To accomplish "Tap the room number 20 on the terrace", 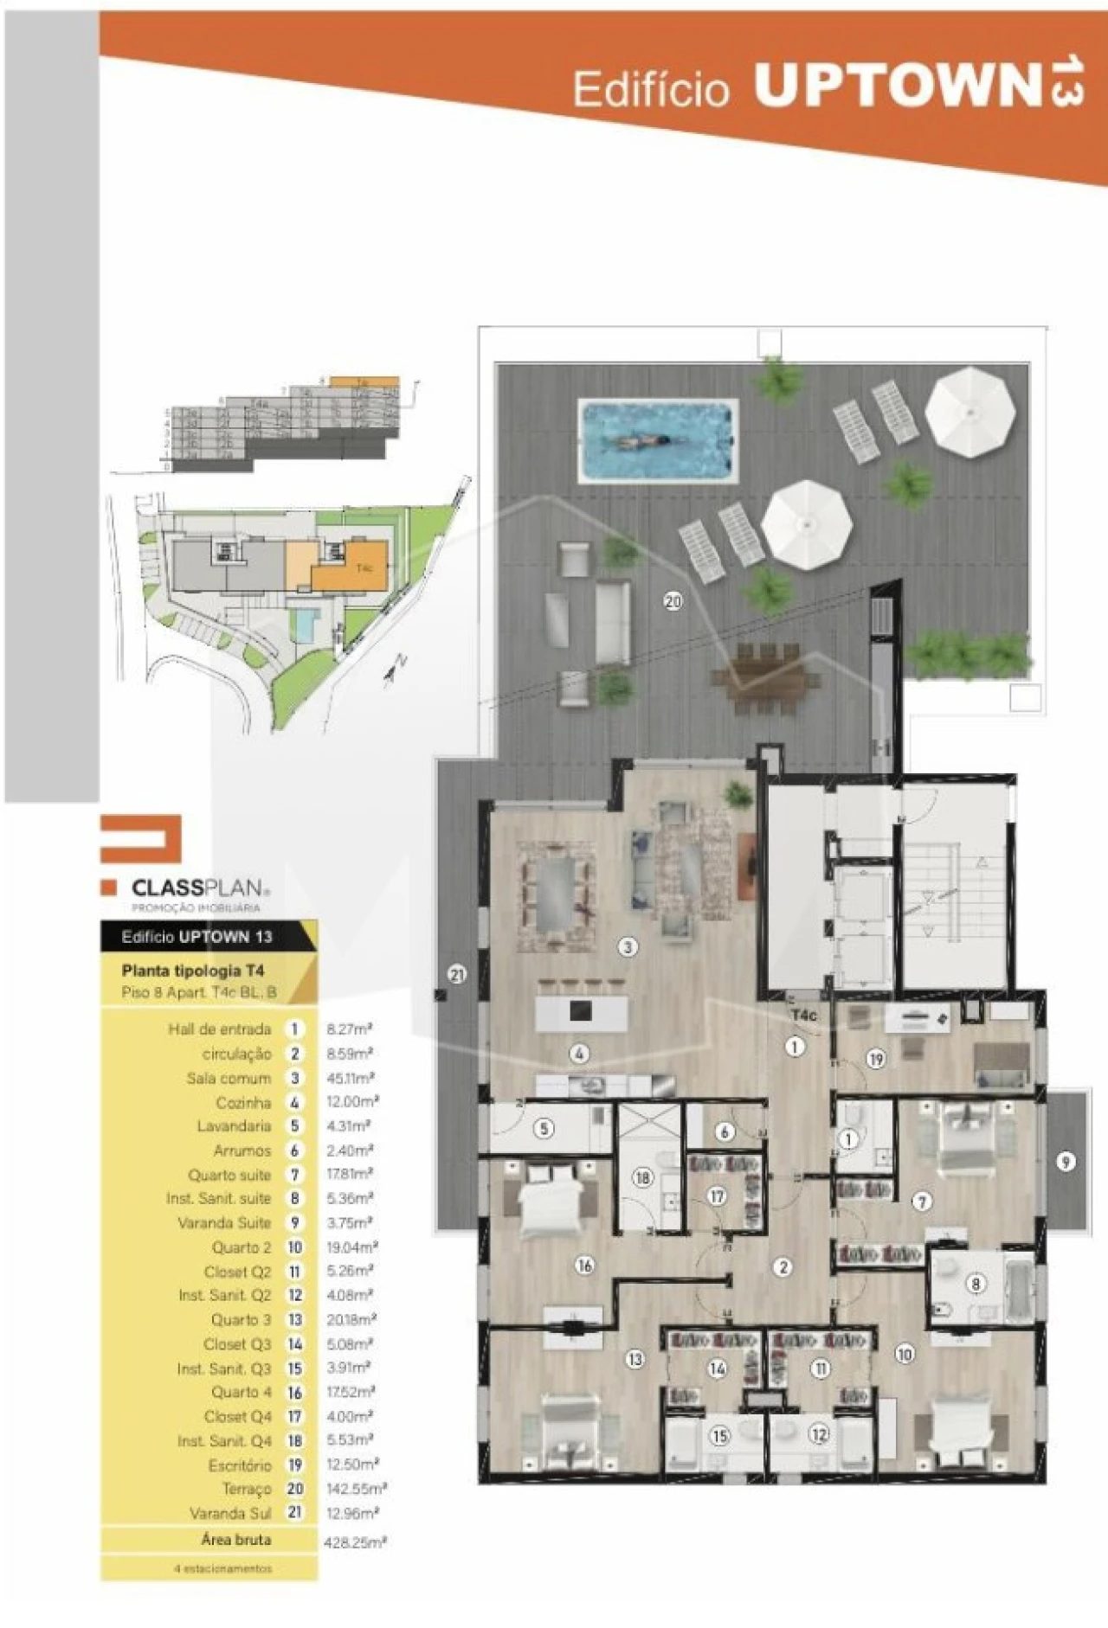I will click(673, 600).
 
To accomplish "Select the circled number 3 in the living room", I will click(628, 946).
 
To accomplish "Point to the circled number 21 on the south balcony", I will click(457, 975).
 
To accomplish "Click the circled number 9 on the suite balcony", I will click(1066, 1162).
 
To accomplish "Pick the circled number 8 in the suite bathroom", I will click(976, 1284).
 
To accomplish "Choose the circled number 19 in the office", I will click(876, 1059).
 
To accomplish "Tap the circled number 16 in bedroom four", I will click(585, 1266).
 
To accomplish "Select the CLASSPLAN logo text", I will click(196, 888).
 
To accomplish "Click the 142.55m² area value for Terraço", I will click(356, 1489).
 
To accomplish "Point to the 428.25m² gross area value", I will click(354, 1541).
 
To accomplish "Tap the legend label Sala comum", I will click(229, 1078).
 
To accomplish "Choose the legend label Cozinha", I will click(243, 1103).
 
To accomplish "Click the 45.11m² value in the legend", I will click(350, 1078).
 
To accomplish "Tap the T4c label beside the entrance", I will click(803, 1015).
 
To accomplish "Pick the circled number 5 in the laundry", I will click(544, 1129).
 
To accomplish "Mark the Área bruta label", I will click(235, 1540).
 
